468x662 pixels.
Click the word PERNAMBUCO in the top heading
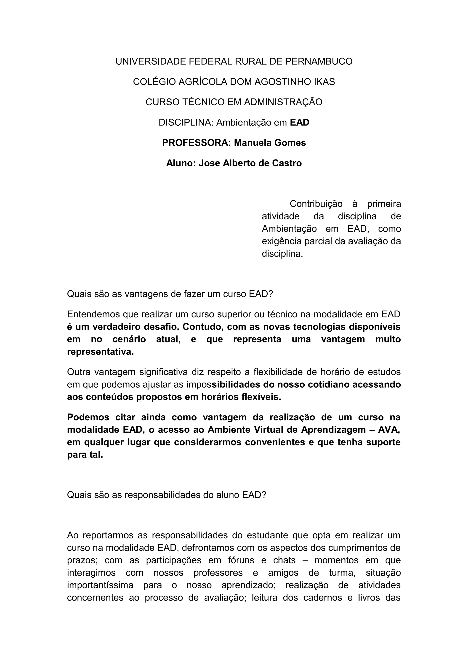pos(319,61)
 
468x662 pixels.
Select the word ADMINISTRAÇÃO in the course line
pos(283,102)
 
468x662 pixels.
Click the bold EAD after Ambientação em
pos(299,122)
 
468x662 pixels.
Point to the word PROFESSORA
pos(196,143)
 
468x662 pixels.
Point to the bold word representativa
pos(100,352)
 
